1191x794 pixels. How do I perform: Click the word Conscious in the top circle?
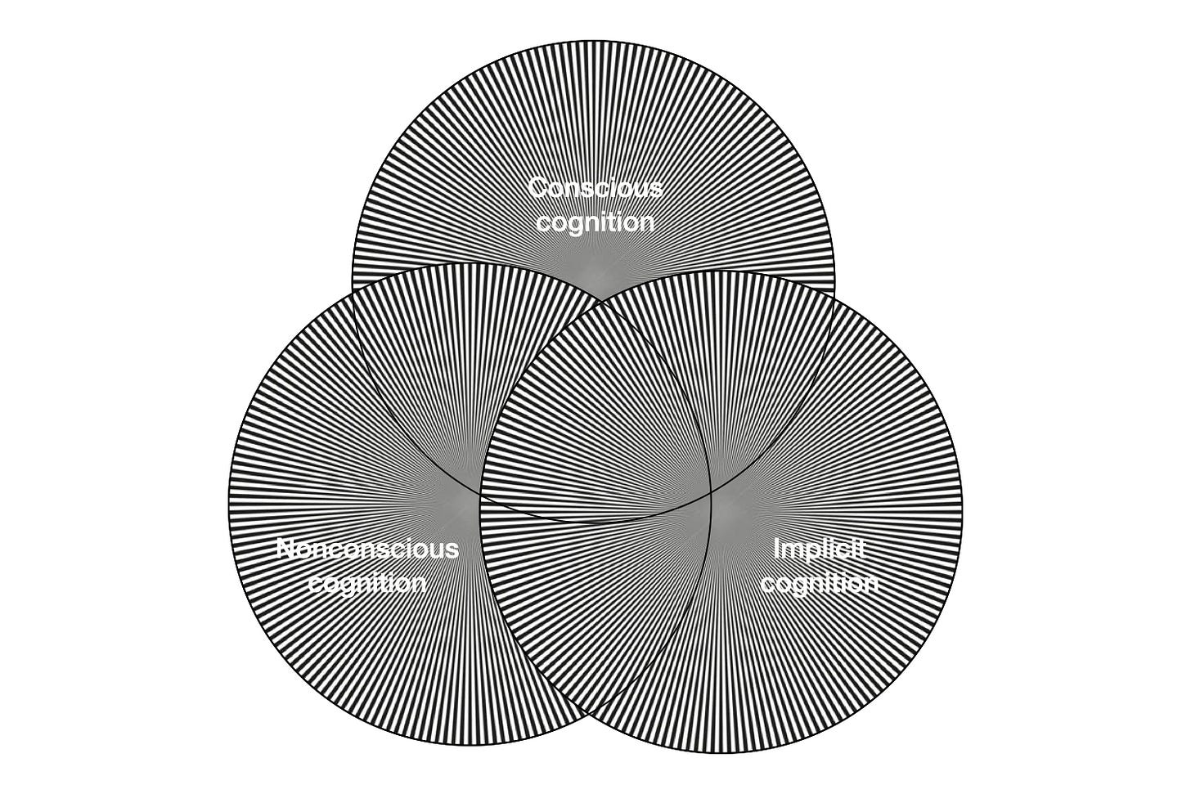tap(596, 188)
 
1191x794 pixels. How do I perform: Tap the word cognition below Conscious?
tap(595, 223)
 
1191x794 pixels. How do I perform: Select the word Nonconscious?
tap(368, 548)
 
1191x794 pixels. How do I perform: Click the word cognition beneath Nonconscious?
tap(367, 583)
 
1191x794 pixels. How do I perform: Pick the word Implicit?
tap(820, 549)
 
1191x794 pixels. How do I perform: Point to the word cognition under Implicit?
tap(820, 583)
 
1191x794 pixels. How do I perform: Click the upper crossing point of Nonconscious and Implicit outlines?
tap(600, 303)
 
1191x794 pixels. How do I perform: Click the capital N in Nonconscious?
tap(287, 548)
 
